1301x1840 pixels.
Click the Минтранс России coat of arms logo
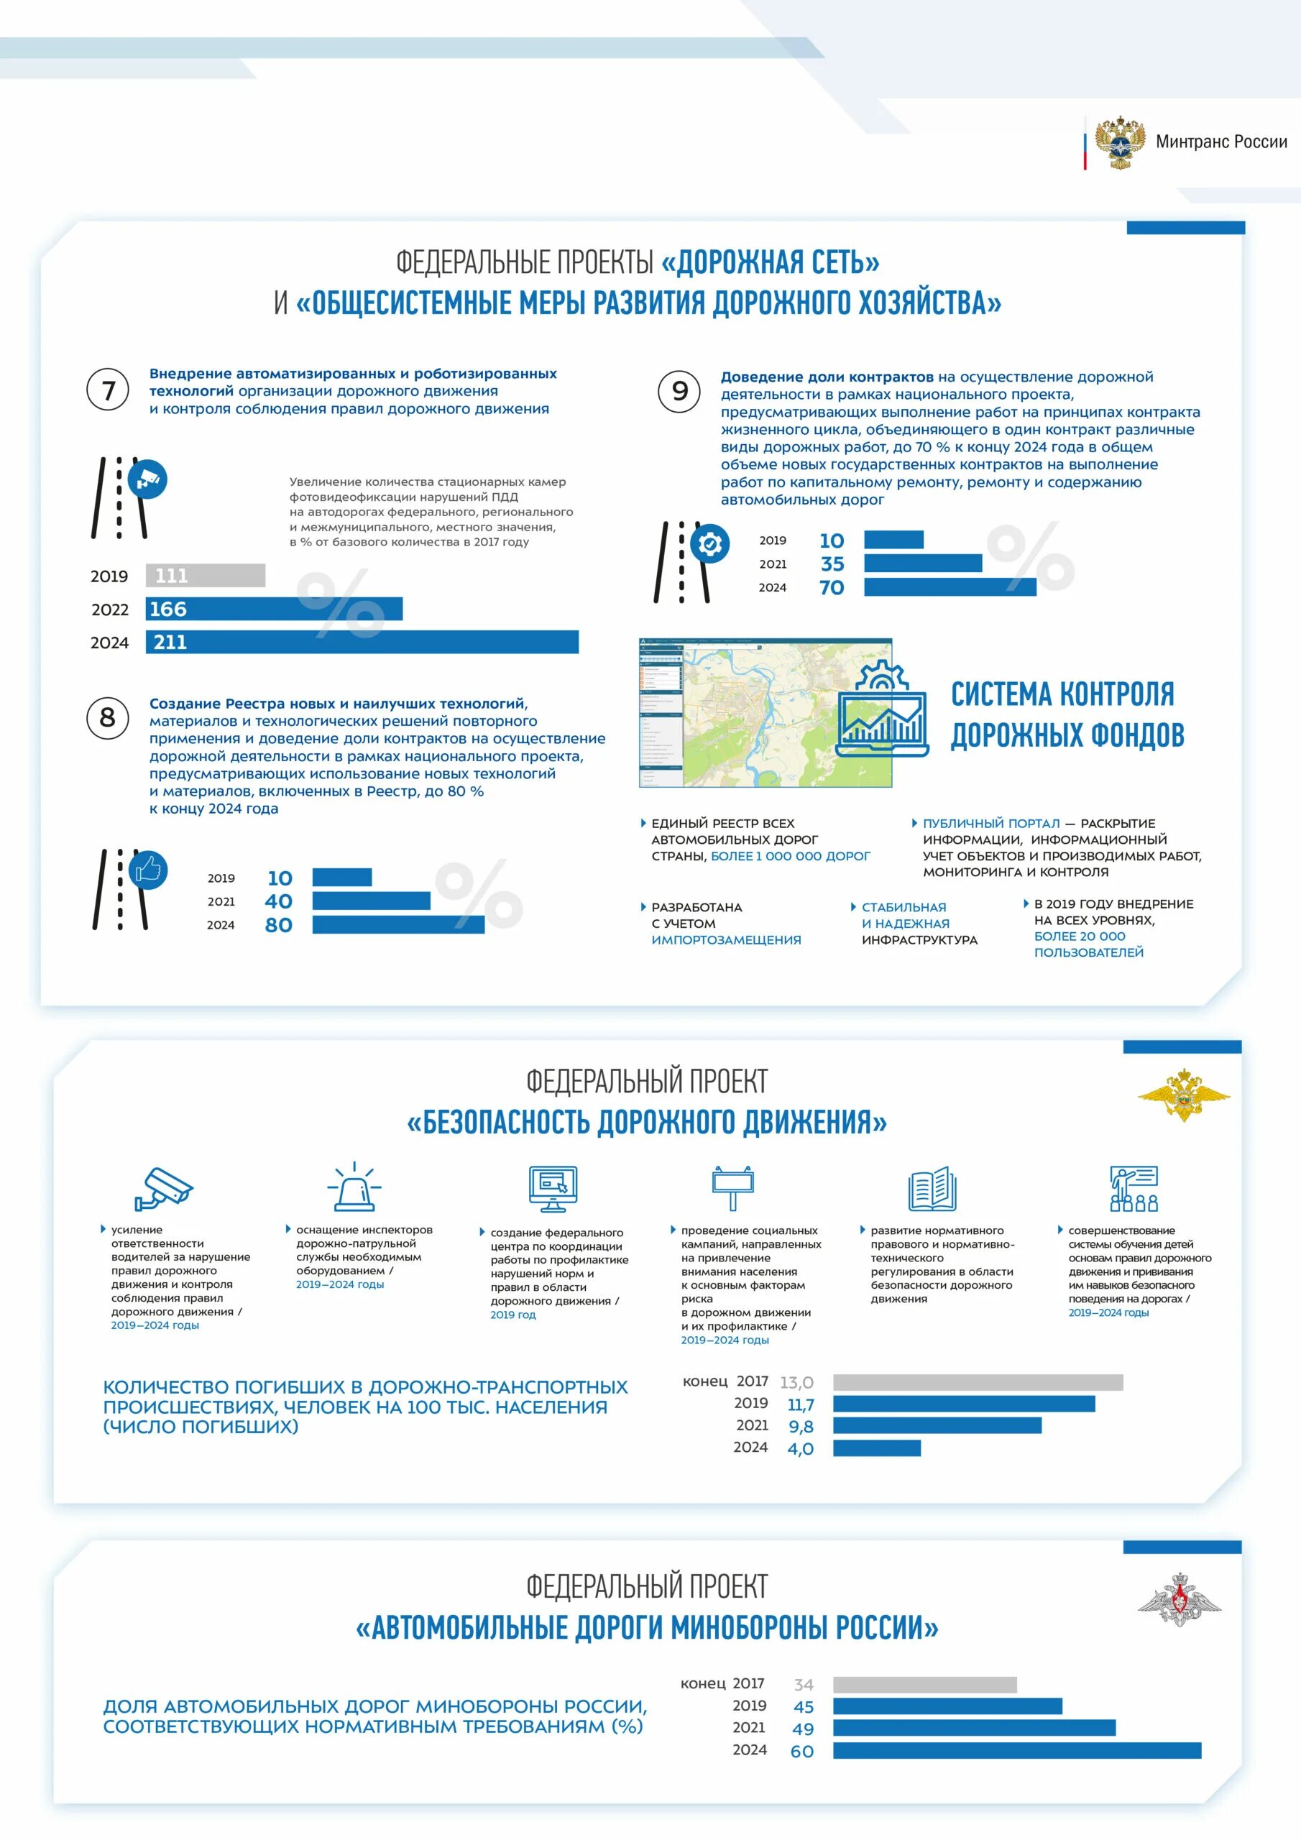coord(1119,142)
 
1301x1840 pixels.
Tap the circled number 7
coord(107,390)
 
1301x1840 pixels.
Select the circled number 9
coord(679,390)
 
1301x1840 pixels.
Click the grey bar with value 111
coord(205,576)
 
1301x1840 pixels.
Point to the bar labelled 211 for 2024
coord(362,642)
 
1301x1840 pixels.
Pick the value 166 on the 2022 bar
coord(168,609)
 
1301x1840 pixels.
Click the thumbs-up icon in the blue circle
coord(148,870)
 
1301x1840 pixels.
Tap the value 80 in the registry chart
coord(278,925)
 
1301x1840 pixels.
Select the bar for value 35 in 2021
coord(923,563)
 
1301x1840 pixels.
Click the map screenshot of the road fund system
coord(765,712)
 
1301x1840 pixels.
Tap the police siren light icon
coord(354,1187)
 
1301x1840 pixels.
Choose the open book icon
coord(932,1190)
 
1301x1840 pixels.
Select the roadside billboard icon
coord(732,1187)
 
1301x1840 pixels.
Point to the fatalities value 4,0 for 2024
coord(800,1449)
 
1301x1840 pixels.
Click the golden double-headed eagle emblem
coord(1183,1094)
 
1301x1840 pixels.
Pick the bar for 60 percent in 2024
coord(1016,1750)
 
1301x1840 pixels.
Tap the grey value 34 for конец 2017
coord(803,1685)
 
